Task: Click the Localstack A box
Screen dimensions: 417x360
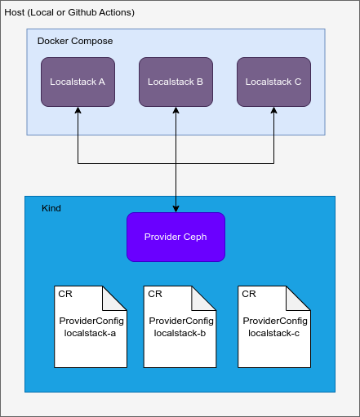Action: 78,82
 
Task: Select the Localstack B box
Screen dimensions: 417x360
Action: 176,82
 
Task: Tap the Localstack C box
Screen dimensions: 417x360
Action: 273,82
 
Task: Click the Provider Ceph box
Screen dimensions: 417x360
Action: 176,237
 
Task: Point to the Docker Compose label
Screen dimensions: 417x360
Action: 75,41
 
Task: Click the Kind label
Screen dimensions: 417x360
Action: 51,208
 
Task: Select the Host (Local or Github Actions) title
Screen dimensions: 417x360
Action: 70,13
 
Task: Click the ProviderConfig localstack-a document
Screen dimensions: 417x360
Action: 90,326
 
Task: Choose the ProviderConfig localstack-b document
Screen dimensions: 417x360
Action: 180,326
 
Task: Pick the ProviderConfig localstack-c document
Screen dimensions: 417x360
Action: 273,326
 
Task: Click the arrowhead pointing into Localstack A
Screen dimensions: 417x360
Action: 78,112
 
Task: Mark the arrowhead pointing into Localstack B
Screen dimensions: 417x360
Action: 176,112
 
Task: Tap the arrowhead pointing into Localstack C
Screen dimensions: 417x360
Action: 273,112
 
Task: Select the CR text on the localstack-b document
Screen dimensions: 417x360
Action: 155,294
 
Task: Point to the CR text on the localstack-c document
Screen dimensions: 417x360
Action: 249,294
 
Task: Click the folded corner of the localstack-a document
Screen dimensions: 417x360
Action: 116,297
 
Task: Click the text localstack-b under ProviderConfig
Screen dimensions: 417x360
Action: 180,333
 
